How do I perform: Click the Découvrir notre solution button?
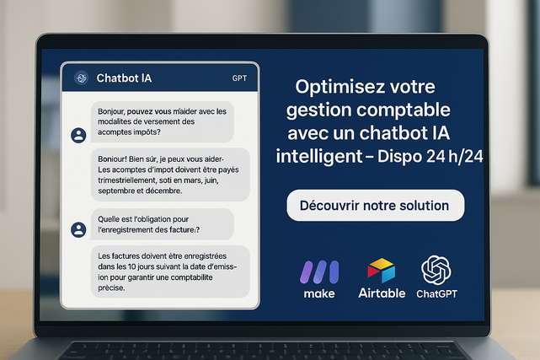[376, 206]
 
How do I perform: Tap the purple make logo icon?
[319, 272]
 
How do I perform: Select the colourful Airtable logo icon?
[382, 271]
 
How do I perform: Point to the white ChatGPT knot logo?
[436, 270]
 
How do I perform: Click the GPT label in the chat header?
[239, 78]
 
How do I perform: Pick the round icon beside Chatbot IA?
[81, 78]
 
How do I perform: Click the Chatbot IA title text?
[124, 78]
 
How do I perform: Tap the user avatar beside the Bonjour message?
[78, 136]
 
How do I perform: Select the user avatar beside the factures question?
[78, 230]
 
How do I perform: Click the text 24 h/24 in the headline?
[455, 157]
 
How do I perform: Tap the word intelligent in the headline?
[319, 157]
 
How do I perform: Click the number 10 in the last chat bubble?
[132, 266]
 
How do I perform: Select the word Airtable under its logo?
[382, 293]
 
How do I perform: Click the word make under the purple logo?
[319, 294]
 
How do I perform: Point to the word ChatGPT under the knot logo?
[436, 294]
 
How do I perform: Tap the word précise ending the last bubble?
[111, 288]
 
